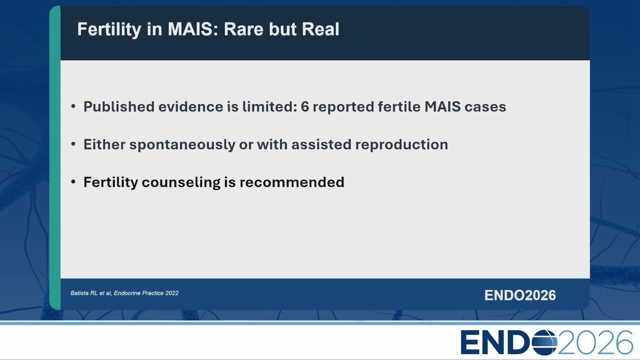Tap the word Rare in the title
click(243, 29)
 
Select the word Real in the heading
click(320, 29)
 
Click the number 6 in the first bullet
click(305, 106)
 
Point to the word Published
click(119, 106)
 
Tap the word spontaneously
click(182, 145)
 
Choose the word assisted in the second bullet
click(321, 144)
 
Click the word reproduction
click(401, 145)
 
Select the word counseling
click(181, 182)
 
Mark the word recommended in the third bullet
click(291, 182)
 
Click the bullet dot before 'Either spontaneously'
click(73, 144)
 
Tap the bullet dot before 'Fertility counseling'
click(73, 182)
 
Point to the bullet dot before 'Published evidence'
click(73, 106)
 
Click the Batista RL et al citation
click(124, 293)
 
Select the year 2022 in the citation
click(171, 293)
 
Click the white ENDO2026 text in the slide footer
click(520, 295)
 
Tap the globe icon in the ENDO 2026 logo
click(544, 342)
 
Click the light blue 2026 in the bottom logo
click(595, 342)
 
